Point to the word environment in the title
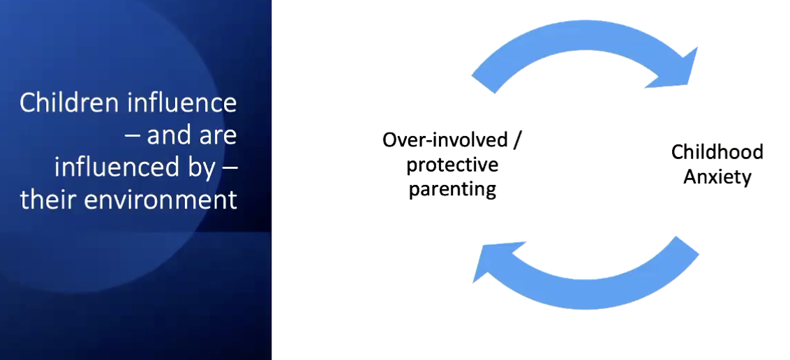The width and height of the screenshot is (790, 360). (161, 200)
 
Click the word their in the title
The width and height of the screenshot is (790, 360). (48, 200)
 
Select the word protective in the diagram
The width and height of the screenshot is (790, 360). (452, 165)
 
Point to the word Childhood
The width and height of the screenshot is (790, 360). (717, 152)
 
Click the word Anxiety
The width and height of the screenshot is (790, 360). (717, 177)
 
